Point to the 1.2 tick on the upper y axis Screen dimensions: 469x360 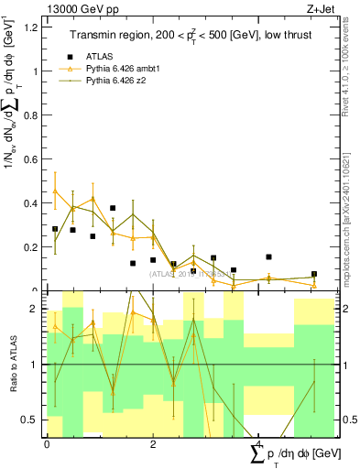click(33, 27)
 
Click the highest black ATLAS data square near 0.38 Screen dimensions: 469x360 click(113, 209)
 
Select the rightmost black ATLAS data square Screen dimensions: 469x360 click(314, 274)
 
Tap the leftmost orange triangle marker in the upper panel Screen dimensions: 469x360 click(55, 191)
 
